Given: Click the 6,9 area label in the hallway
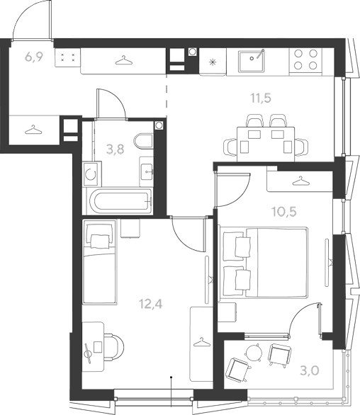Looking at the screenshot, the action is tap(34, 57).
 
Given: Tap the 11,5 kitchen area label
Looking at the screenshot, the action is tap(261, 98).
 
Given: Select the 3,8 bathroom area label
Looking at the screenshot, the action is tap(115, 149).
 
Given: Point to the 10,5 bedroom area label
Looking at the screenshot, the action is tap(283, 212).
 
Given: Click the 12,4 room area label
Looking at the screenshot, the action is tap(151, 304).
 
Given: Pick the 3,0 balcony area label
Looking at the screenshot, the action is tap(310, 370).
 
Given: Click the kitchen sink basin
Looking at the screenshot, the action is tap(251, 62).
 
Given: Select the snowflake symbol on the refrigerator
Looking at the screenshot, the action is tap(212, 62).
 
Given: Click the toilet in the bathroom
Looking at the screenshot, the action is tap(144, 141).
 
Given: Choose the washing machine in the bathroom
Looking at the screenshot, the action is tap(91, 174).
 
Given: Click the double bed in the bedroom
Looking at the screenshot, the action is tap(263, 262).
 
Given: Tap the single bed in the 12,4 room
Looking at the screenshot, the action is tap(99, 261).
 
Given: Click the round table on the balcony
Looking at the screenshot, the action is tap(254, 352).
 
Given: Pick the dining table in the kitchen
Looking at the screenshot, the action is tap(266, 144).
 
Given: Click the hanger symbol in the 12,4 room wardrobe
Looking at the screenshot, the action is tap(202, 342).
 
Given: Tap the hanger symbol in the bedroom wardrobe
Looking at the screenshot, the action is tap(301, 181).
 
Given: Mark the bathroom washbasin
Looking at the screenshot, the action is tap(147, 171).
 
